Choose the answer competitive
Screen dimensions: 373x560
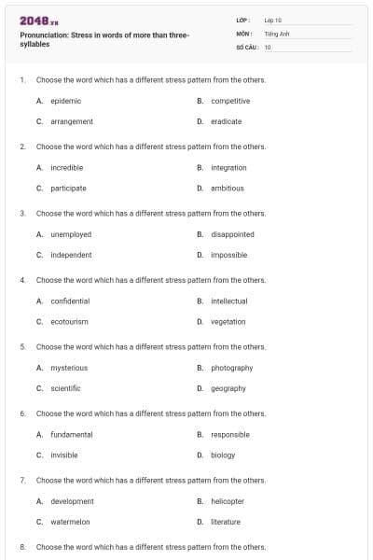point(230,101)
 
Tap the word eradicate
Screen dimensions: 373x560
point(227,121)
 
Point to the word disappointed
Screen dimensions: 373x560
point(232,234)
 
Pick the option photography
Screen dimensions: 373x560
point(232,368)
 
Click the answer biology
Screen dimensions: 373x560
point(223,455)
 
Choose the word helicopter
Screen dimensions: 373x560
point(228,501)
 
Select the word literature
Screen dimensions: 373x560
point(226,522)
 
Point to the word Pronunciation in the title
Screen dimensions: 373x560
point(44,35)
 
